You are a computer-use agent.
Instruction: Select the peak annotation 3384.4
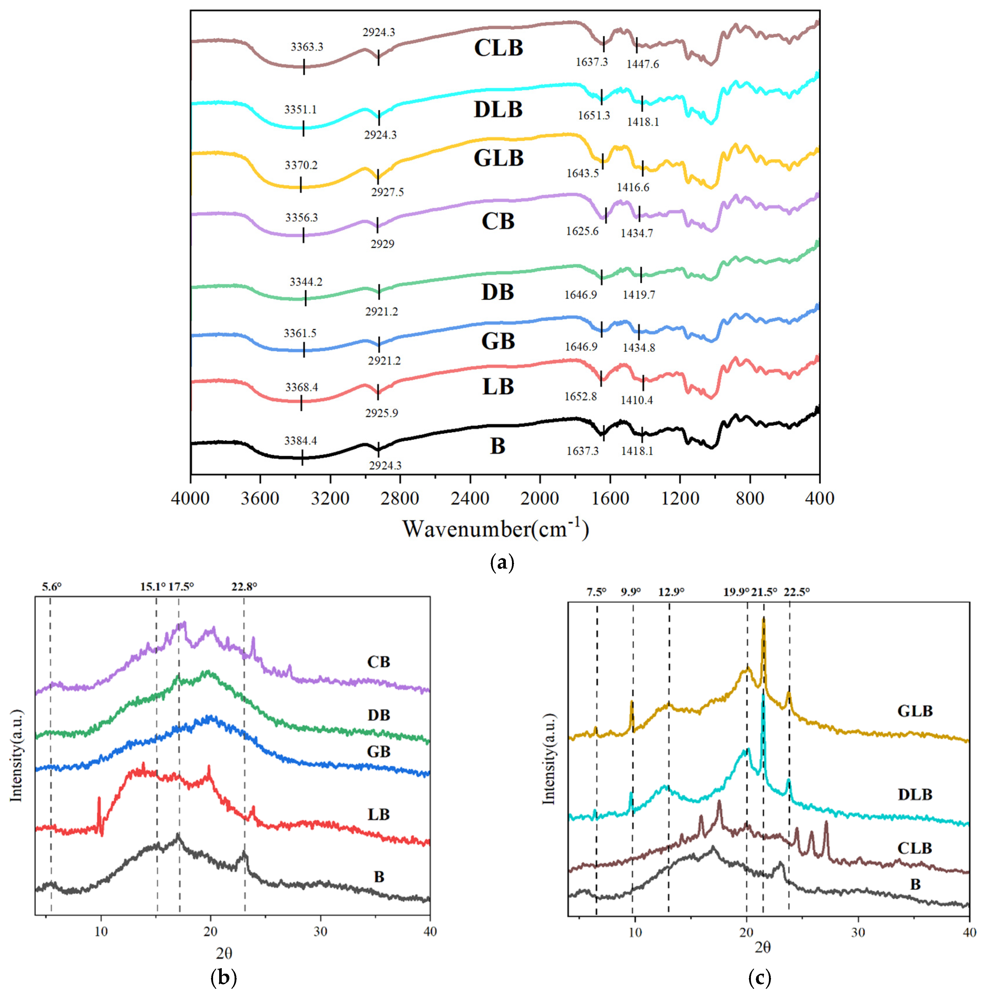pos(301,441)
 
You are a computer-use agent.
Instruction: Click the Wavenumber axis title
pos(496,529)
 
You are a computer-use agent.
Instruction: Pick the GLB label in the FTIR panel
pos(499,158)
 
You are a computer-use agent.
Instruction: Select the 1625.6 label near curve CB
pos(582,231)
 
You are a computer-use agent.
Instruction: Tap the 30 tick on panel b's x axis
pos(320,932)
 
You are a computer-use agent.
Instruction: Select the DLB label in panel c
pos(915,794)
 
